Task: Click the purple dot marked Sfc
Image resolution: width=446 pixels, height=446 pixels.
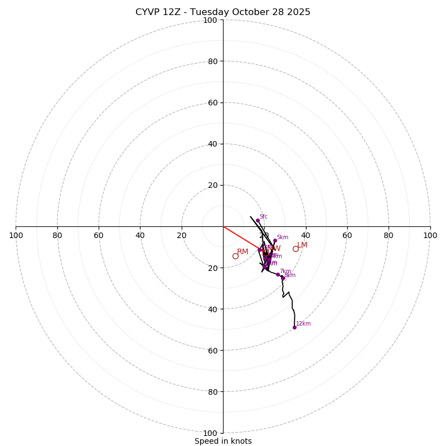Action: [258, 220]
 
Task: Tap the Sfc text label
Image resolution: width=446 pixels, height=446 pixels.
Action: [263, 216]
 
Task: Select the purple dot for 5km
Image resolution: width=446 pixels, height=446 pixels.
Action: [275, 240]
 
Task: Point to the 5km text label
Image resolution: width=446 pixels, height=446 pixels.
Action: [283, 237]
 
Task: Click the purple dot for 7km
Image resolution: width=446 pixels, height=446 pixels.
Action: [278, 274]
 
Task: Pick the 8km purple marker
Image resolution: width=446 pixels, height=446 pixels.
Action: [283, 278]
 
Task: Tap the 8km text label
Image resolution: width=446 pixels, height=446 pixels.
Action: [290, 275]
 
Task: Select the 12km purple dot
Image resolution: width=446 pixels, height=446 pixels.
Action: [294, 327]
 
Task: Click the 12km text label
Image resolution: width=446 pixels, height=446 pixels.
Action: [303, 323]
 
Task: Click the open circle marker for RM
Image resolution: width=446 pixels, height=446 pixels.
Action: [235, 256]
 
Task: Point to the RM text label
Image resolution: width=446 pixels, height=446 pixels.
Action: [243, 251]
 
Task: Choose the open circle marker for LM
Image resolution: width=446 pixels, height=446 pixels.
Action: [295, 249]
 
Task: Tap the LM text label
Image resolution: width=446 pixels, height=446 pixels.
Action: [302, 245]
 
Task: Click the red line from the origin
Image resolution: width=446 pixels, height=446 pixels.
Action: [241, 238]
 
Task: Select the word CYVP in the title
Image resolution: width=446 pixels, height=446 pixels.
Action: [148, 12]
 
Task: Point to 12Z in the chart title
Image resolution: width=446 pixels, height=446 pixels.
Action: [172, 12]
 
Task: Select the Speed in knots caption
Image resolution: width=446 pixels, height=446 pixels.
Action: [223, 441]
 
